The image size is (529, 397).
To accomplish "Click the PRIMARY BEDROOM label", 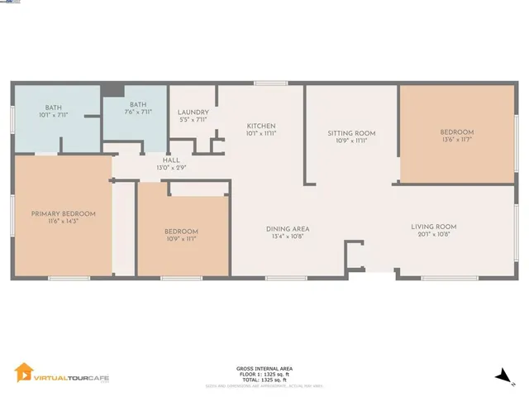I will pyautogui.click(x=64, y=213).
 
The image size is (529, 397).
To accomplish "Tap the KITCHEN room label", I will pyautogui.click(x=260, y=126).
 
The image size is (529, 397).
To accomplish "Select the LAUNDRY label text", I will pyautogui.click(x=193, y=112).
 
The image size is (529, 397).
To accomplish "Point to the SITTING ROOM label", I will pyautogui.click(x=351, y=133).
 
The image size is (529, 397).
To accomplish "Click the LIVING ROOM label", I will pyautogui.click(x=435, y=227).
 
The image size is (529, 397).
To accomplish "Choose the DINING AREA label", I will pyautogui.click(x=287, y=229).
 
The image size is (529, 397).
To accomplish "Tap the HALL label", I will pyautogui.click(x=171, y=160).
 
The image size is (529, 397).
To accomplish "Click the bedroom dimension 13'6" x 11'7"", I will pyautogui.click(x=456, y=140).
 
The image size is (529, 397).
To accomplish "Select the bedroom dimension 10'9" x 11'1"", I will pyautogui.click(x=180, y=238).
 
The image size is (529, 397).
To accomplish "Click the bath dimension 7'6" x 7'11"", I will pyautogui.click(x=139, y=112).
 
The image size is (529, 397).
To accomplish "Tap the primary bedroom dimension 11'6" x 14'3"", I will pyautogui.click(x=64, y=221).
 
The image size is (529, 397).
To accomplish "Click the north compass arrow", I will pyautogui.click(x=500, y=376).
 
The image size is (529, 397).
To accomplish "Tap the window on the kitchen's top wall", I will pyautogui.click(x=265, y=82).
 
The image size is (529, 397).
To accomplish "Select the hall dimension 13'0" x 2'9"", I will pyautogui.click(x=171, y=167).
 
